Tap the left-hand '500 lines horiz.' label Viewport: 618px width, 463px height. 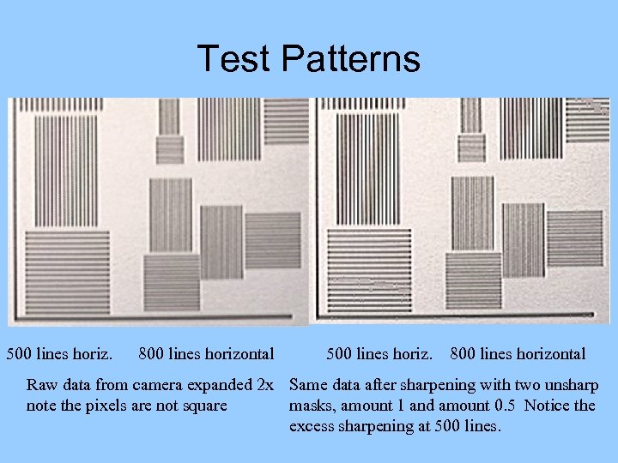click(59, 353)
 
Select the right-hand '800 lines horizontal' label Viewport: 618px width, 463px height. click(518, 353)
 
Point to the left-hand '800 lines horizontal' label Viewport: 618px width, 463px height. click(206, 353)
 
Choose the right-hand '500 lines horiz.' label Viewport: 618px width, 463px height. click(380, 353)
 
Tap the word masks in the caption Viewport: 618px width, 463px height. click(311, 405)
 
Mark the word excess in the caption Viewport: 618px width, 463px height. click(312, 425)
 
